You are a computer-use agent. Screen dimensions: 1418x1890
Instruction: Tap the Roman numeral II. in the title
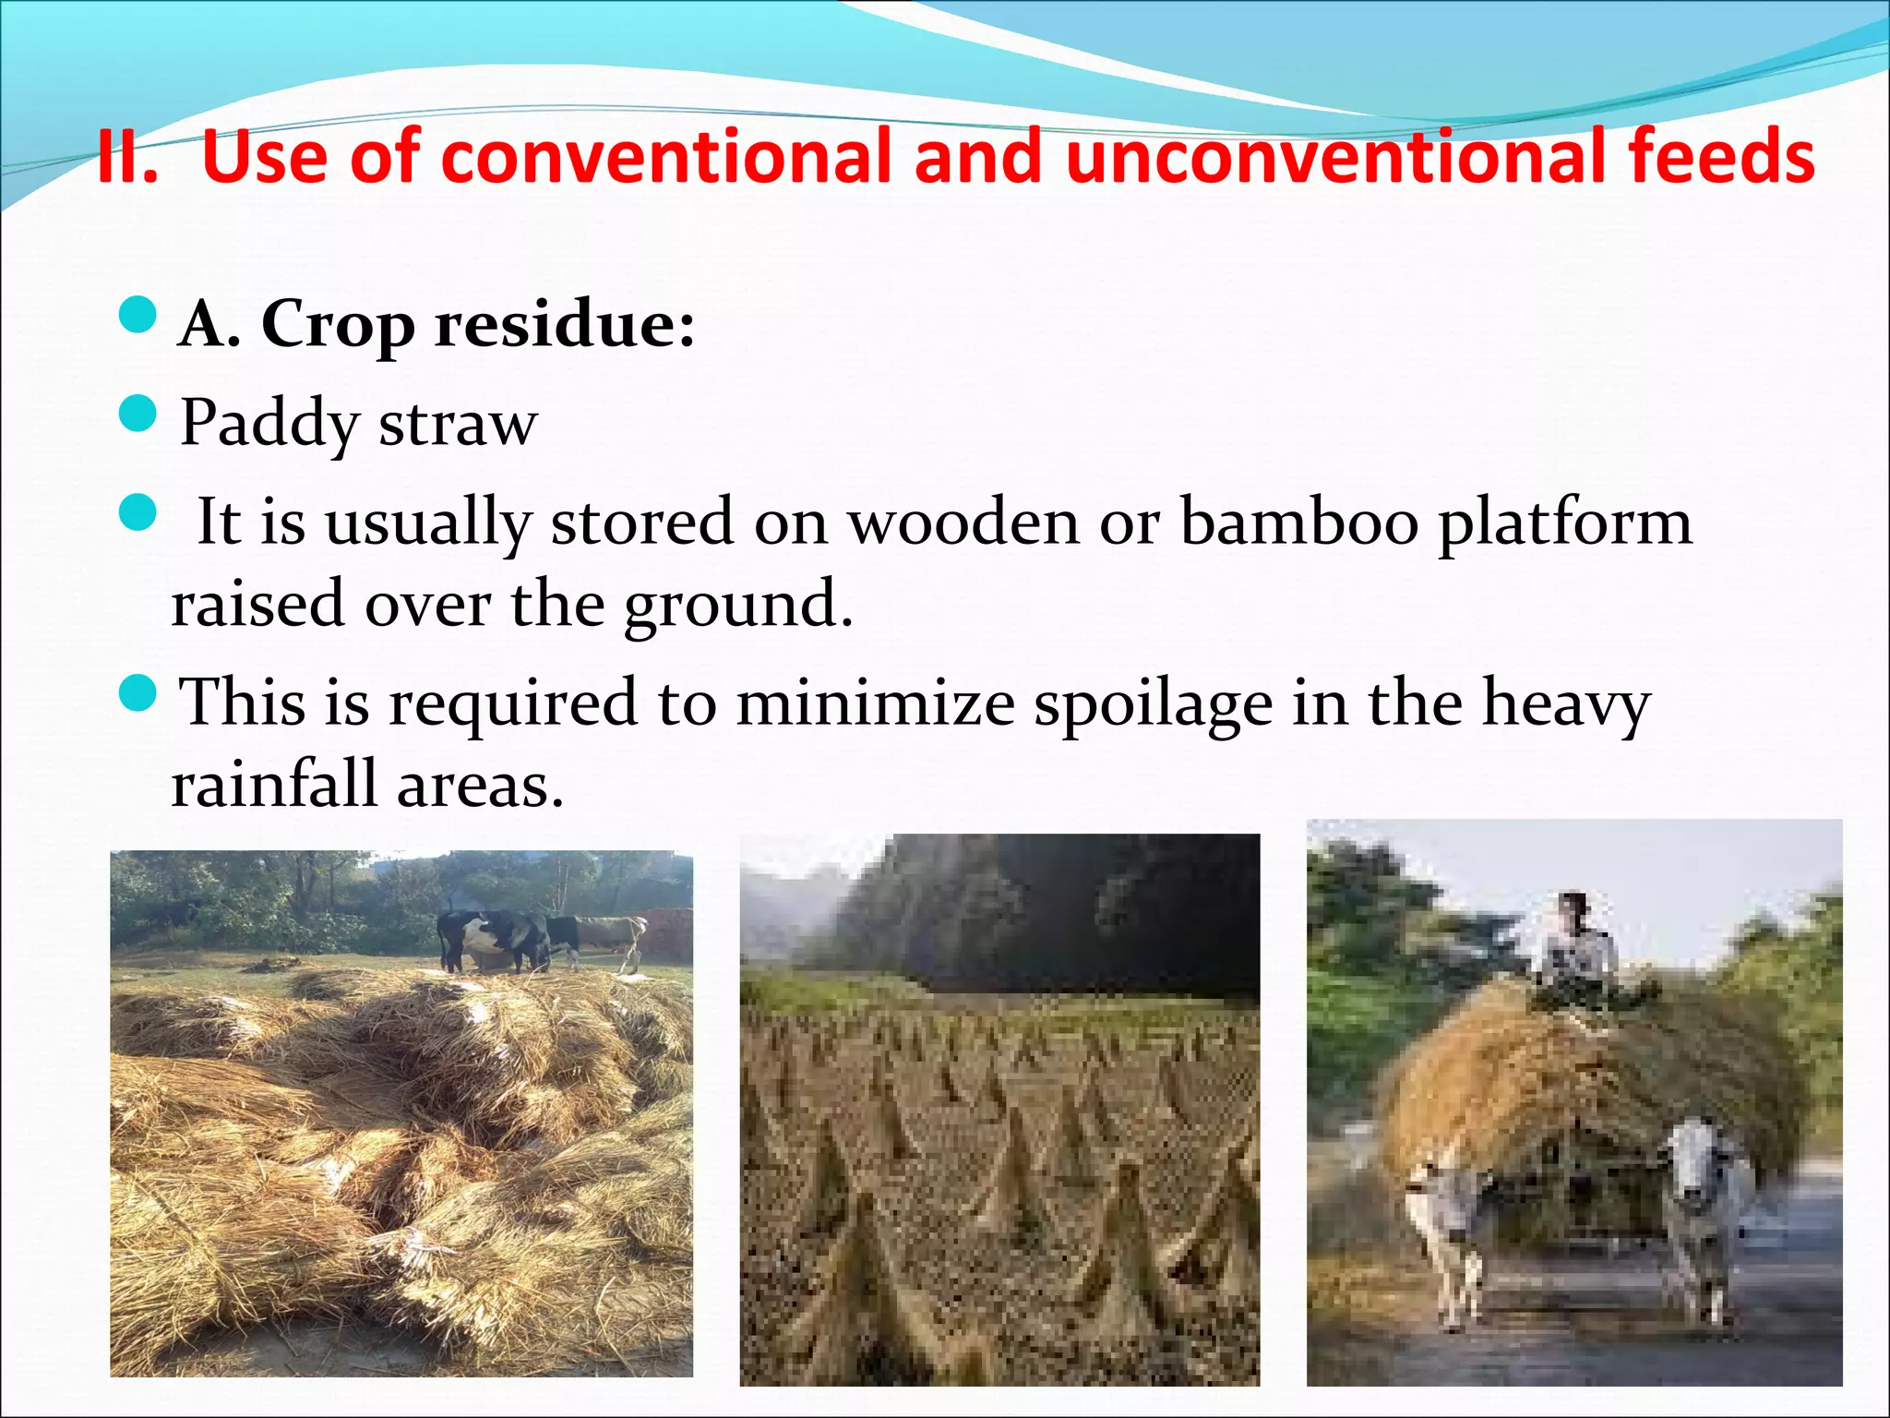tap(126, 157)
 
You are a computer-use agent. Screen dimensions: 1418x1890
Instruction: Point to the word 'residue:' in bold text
tap(565, 325)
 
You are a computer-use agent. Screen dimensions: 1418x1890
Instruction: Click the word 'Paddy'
tap(269, 423)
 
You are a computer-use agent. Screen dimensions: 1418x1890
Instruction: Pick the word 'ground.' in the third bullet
tap(737, 606)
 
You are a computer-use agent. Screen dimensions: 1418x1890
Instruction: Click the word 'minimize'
tap(876, 703)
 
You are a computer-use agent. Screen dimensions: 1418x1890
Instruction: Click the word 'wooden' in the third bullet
tap(963, 522)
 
